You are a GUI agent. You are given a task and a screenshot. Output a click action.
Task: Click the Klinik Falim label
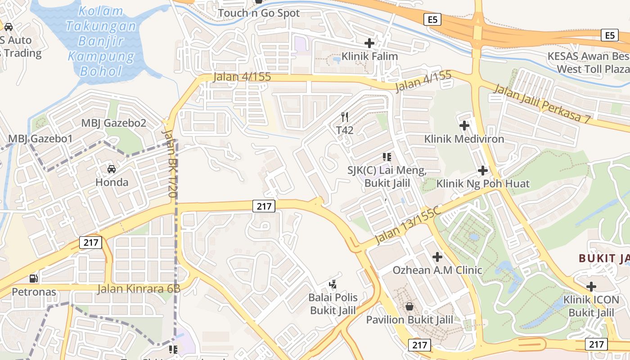click(x=370, y=56)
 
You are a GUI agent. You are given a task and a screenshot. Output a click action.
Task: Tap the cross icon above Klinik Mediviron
click(x=464, y=125)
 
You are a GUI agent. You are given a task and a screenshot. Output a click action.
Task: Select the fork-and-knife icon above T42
click(x=345, y=117)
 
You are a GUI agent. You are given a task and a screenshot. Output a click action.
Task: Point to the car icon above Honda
click(x=111, y=169)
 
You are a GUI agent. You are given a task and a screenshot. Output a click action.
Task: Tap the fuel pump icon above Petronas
click(x=34, y=279)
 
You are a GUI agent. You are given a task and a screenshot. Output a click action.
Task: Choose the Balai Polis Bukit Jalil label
click(x=333, y=304)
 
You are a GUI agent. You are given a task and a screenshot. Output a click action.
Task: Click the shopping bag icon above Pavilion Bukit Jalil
click(x=409, y=306)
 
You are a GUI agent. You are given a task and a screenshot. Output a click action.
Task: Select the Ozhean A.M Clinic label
click(x=437, y=270)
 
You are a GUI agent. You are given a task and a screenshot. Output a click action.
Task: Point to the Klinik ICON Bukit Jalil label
click(x=591, y=306)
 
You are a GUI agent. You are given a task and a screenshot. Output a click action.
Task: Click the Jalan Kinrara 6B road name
click(x=139, y=289)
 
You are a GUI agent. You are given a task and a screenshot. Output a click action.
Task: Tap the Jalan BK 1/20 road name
click(x=169, y=164)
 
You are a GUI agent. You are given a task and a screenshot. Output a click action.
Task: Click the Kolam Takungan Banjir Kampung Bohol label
click(x=101, y=41)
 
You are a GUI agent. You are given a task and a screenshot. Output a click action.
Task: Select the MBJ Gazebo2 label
click(x=113, y=123)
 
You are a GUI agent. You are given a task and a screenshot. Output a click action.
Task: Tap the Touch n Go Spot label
click(x=259, y=13)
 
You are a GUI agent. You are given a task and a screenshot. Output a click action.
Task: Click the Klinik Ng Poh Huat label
click(x=483, y=184)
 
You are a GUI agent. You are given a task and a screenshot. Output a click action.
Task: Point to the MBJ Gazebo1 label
click(x=40, y=139)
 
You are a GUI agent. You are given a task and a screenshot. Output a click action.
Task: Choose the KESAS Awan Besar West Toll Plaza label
click(x=589, y=63)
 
